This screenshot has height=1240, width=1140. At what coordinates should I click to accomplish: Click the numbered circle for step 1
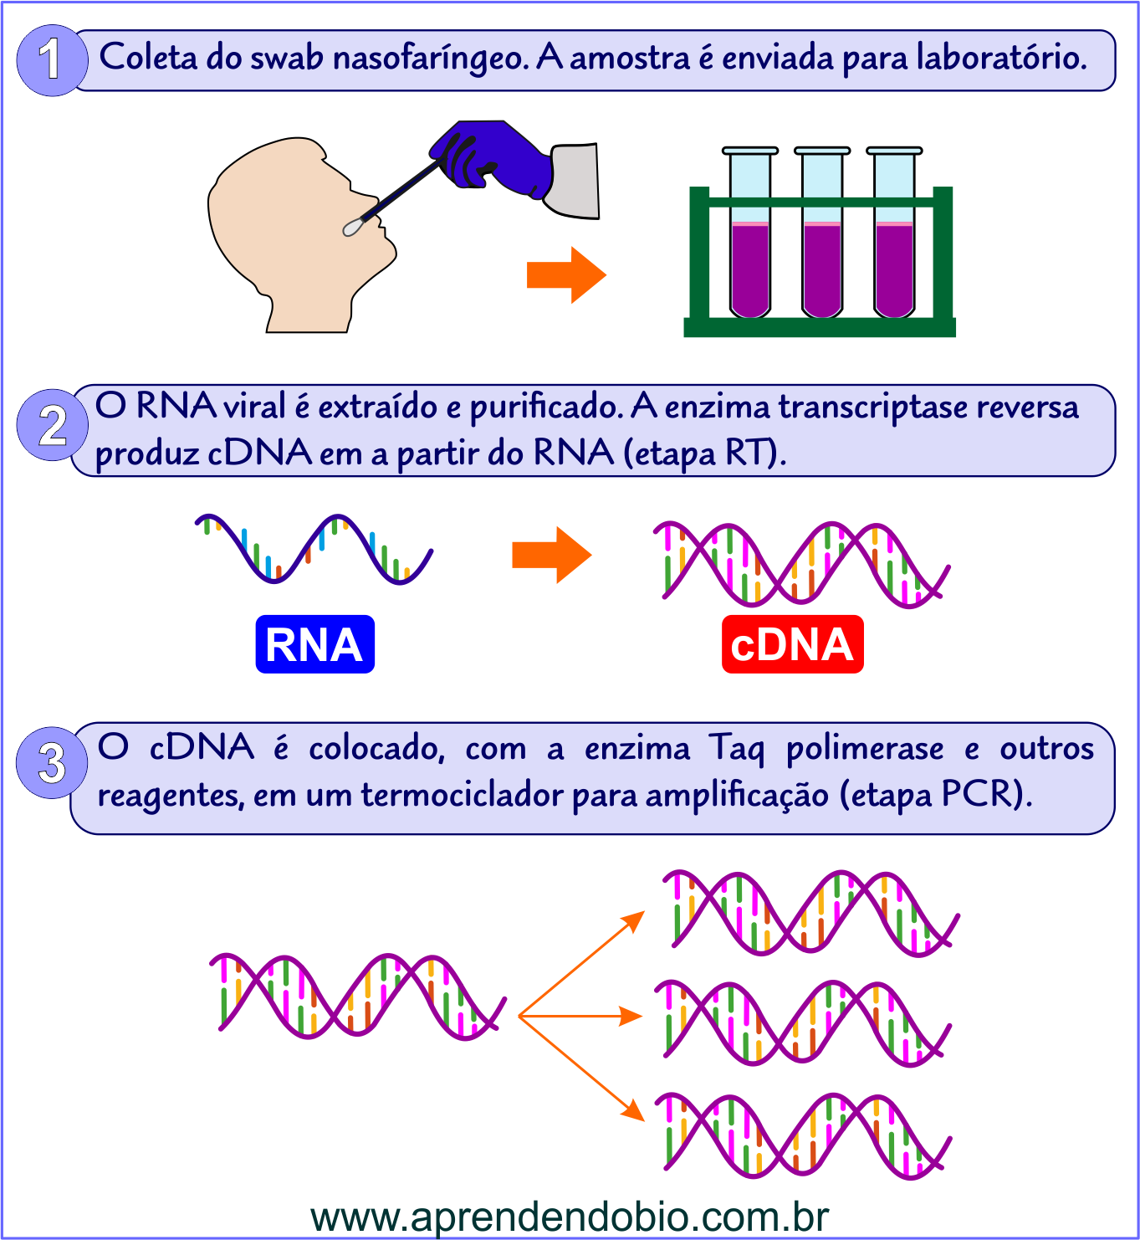coord(52,60)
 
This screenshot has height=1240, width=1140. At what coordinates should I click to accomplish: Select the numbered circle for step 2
coord(52,425)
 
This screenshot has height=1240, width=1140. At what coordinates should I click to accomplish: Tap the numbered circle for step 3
coord(52,762)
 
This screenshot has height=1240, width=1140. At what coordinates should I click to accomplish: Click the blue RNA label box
coord(314,644)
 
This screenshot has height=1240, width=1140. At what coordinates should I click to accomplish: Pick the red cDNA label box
coord(792,644)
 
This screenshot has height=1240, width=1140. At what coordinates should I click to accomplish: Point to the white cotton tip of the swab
coord(352,226)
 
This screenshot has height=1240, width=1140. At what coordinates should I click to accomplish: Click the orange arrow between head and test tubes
coord(565,274)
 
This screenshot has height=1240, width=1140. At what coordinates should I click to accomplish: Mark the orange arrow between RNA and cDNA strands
coord(551,555)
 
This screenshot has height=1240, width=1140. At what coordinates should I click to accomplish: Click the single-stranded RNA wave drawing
coord(314,548)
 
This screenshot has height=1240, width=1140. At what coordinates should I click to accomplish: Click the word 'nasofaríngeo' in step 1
coord(431,58)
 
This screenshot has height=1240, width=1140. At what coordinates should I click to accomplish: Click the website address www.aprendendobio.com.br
coord(570,1217)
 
